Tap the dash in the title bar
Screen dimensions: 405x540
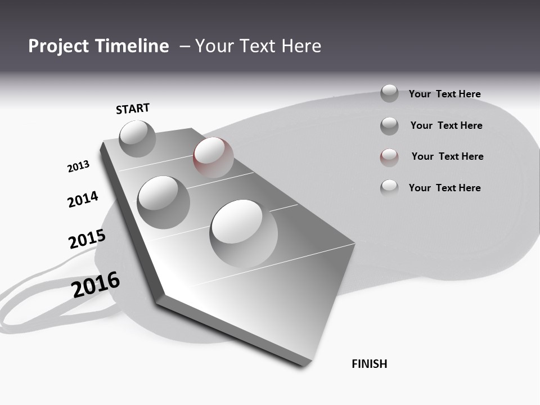[x=184, y=46]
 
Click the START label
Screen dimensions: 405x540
[x=133, y=109]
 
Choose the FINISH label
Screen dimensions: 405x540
[x=369, y=364]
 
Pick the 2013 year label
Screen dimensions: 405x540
[x=78, y=166]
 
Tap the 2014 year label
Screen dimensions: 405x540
[x=83, y=199]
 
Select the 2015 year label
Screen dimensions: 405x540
[x=87, y=239]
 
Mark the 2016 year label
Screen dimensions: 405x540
[x=96, y=284]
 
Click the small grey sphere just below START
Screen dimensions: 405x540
[x=138, y=138]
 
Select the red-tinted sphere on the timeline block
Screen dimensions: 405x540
[x=213, y=157]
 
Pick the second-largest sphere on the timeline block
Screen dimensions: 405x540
[x=163, y=202]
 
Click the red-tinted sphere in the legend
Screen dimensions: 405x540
[x=389, y=157]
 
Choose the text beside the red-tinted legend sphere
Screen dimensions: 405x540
[x=447, y=156]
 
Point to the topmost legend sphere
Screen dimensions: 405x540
[x=389, y=93]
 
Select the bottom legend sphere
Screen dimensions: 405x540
[x=389, y=188]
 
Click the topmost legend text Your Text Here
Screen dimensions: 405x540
[x=444, y=94]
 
